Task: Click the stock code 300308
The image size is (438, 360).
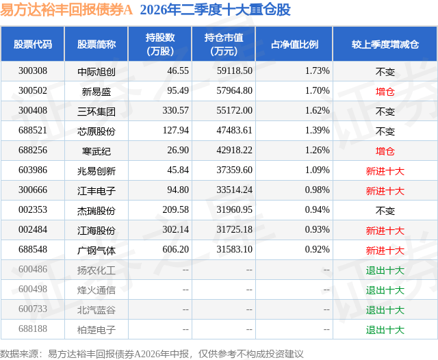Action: click(33, 71)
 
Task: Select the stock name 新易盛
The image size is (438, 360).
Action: click(96, 91)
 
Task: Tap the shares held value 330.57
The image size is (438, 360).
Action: click(175, 111)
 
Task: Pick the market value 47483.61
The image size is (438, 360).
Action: click(234, 131)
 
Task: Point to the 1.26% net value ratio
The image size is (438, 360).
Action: click(318, 151)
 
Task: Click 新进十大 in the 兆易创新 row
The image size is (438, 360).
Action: click(385, 171)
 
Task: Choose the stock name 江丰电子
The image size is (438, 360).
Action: click(96, 191)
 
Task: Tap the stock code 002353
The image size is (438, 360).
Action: click(33, 209)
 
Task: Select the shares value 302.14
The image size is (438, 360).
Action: click(175, 229)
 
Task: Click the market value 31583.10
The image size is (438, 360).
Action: click(234, 249)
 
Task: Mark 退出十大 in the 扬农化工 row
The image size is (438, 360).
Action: click(385, 270)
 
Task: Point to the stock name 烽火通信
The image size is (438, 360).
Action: click(96, 290)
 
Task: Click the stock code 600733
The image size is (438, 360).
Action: click(33, 309)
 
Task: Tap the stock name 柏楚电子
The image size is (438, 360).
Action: click(96, 330)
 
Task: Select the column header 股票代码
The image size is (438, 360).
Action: click(33, 44)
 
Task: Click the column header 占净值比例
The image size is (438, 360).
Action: click(294, 44)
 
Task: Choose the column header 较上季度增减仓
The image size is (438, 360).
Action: click(385, 44)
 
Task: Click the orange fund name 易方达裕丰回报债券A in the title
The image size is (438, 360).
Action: click(66, 10)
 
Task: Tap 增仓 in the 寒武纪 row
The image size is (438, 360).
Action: click(385, 151)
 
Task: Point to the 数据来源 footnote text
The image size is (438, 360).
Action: click(152, 354)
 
